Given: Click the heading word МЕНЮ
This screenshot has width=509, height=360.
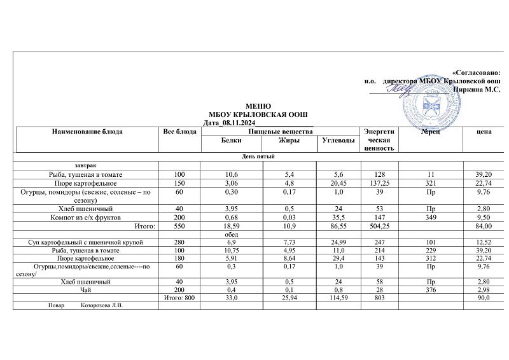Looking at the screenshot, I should pyautogui.click(x=258, y=106).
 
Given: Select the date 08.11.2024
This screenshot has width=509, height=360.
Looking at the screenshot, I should pyautogui.click(x=239, y=122).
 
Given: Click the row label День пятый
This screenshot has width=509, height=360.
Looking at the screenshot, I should pyautogui.click(x=258, y=156).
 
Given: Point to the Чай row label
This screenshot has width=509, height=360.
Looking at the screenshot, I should pyautogui.click(x=85, y=289).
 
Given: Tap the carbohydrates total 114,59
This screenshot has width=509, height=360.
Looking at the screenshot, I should pyautogui.click(x=337, y=298).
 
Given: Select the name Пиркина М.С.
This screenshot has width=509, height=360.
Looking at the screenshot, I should pyautogui.click(x=477, y=90).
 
